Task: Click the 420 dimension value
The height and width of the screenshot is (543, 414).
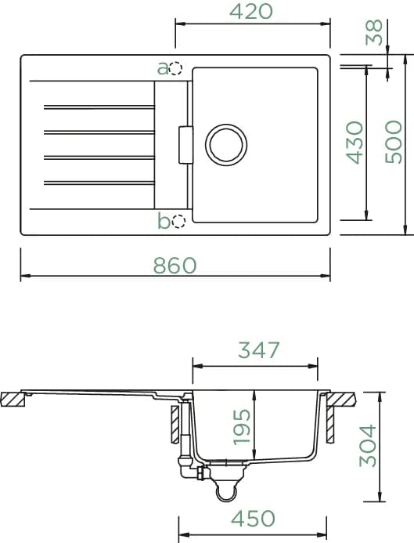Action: [x=251, y=11]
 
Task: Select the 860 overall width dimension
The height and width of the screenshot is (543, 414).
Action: [x=175, y=266]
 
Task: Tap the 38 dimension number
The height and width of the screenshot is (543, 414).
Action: [x=375, y=32]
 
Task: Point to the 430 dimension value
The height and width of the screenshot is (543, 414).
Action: [x=355, y=143]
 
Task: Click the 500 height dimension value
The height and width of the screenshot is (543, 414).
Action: [x=394, y=142]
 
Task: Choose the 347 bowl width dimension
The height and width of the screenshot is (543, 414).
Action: [x=258, y=349]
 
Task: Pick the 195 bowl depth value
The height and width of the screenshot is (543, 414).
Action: [x=242, y=427]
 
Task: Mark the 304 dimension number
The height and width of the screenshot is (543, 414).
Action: [x=368, y=446]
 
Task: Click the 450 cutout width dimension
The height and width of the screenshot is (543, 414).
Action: [x=253, y=519]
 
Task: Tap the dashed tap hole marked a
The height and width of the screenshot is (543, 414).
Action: [x=176, y=69]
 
